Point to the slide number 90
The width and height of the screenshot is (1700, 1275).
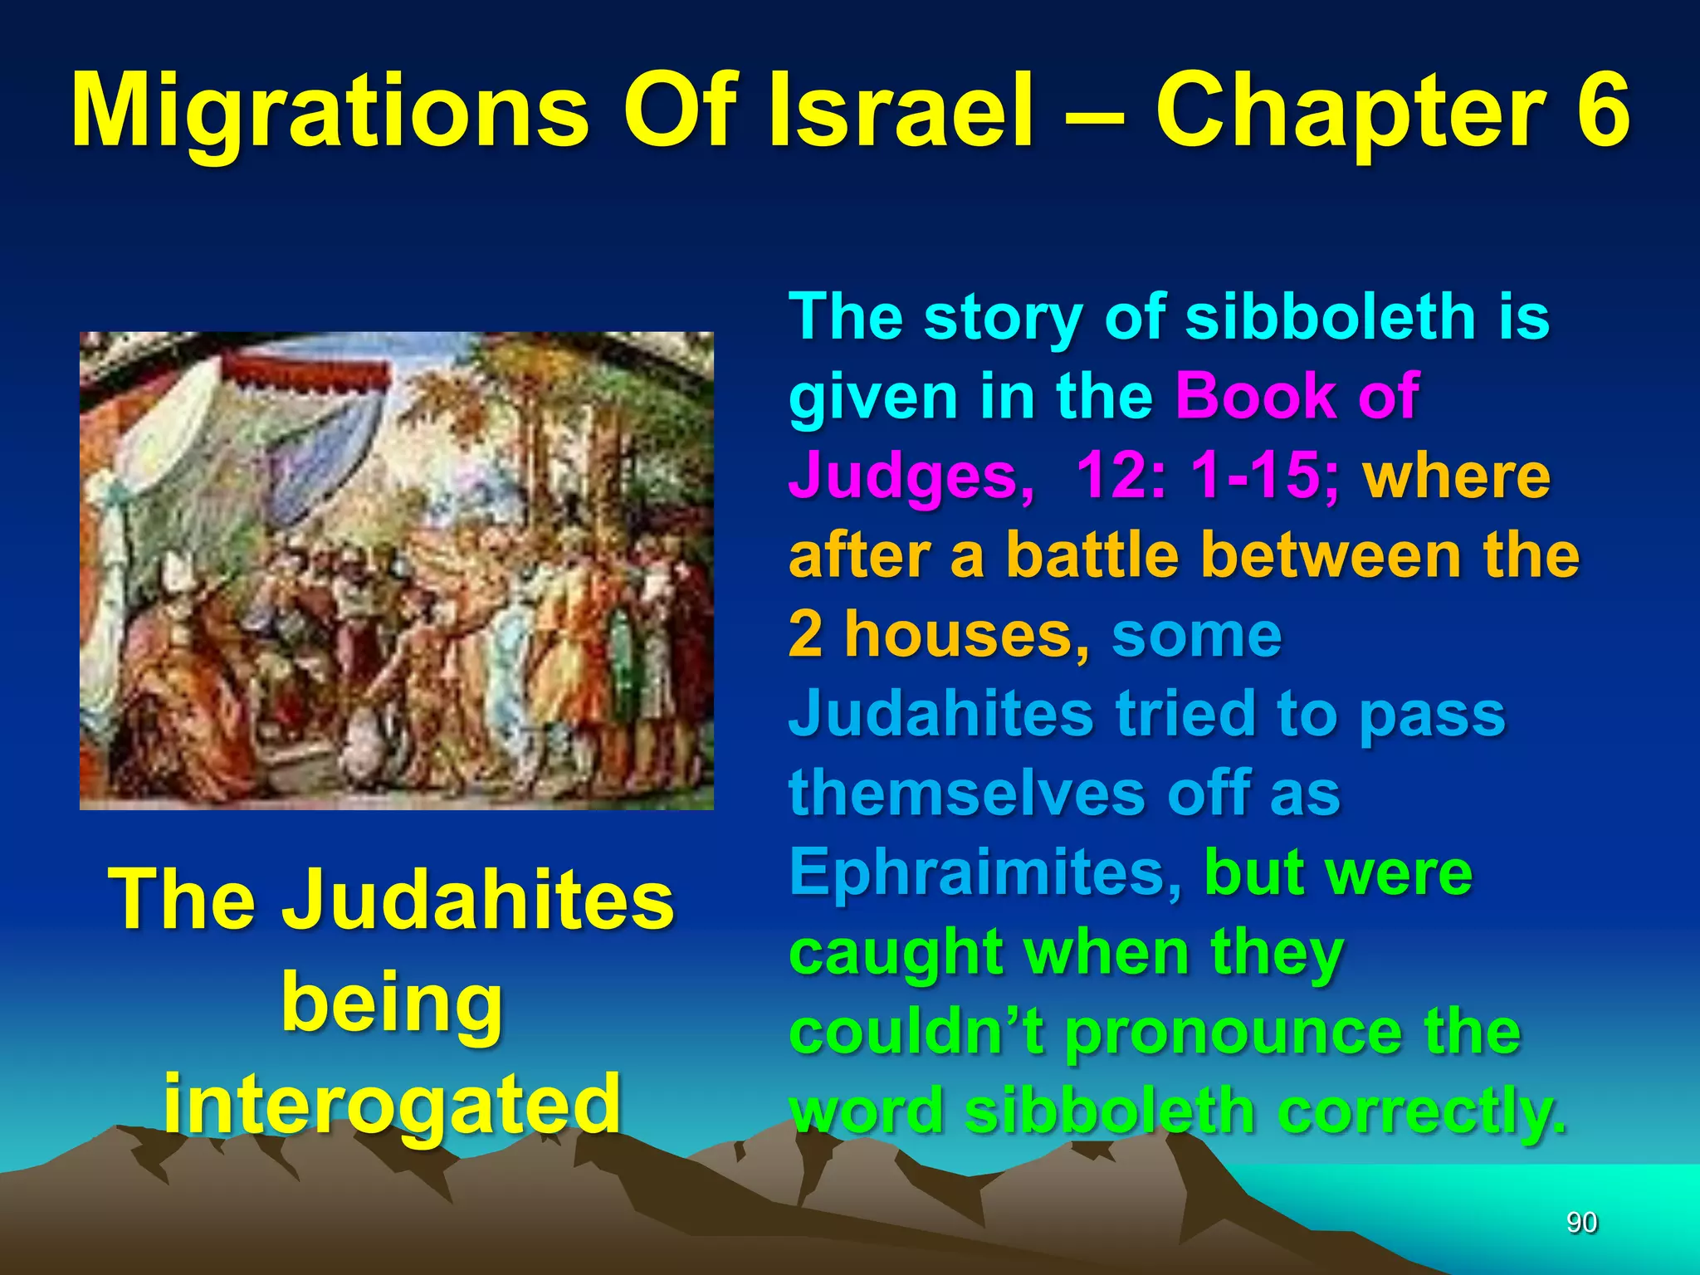[1581, 1223]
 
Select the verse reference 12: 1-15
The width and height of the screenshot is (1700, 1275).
[1207, 475]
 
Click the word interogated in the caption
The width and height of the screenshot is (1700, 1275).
[392, 1103]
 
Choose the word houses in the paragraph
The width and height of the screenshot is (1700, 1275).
[966, 634]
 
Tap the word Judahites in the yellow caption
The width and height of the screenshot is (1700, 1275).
[477, 901]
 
